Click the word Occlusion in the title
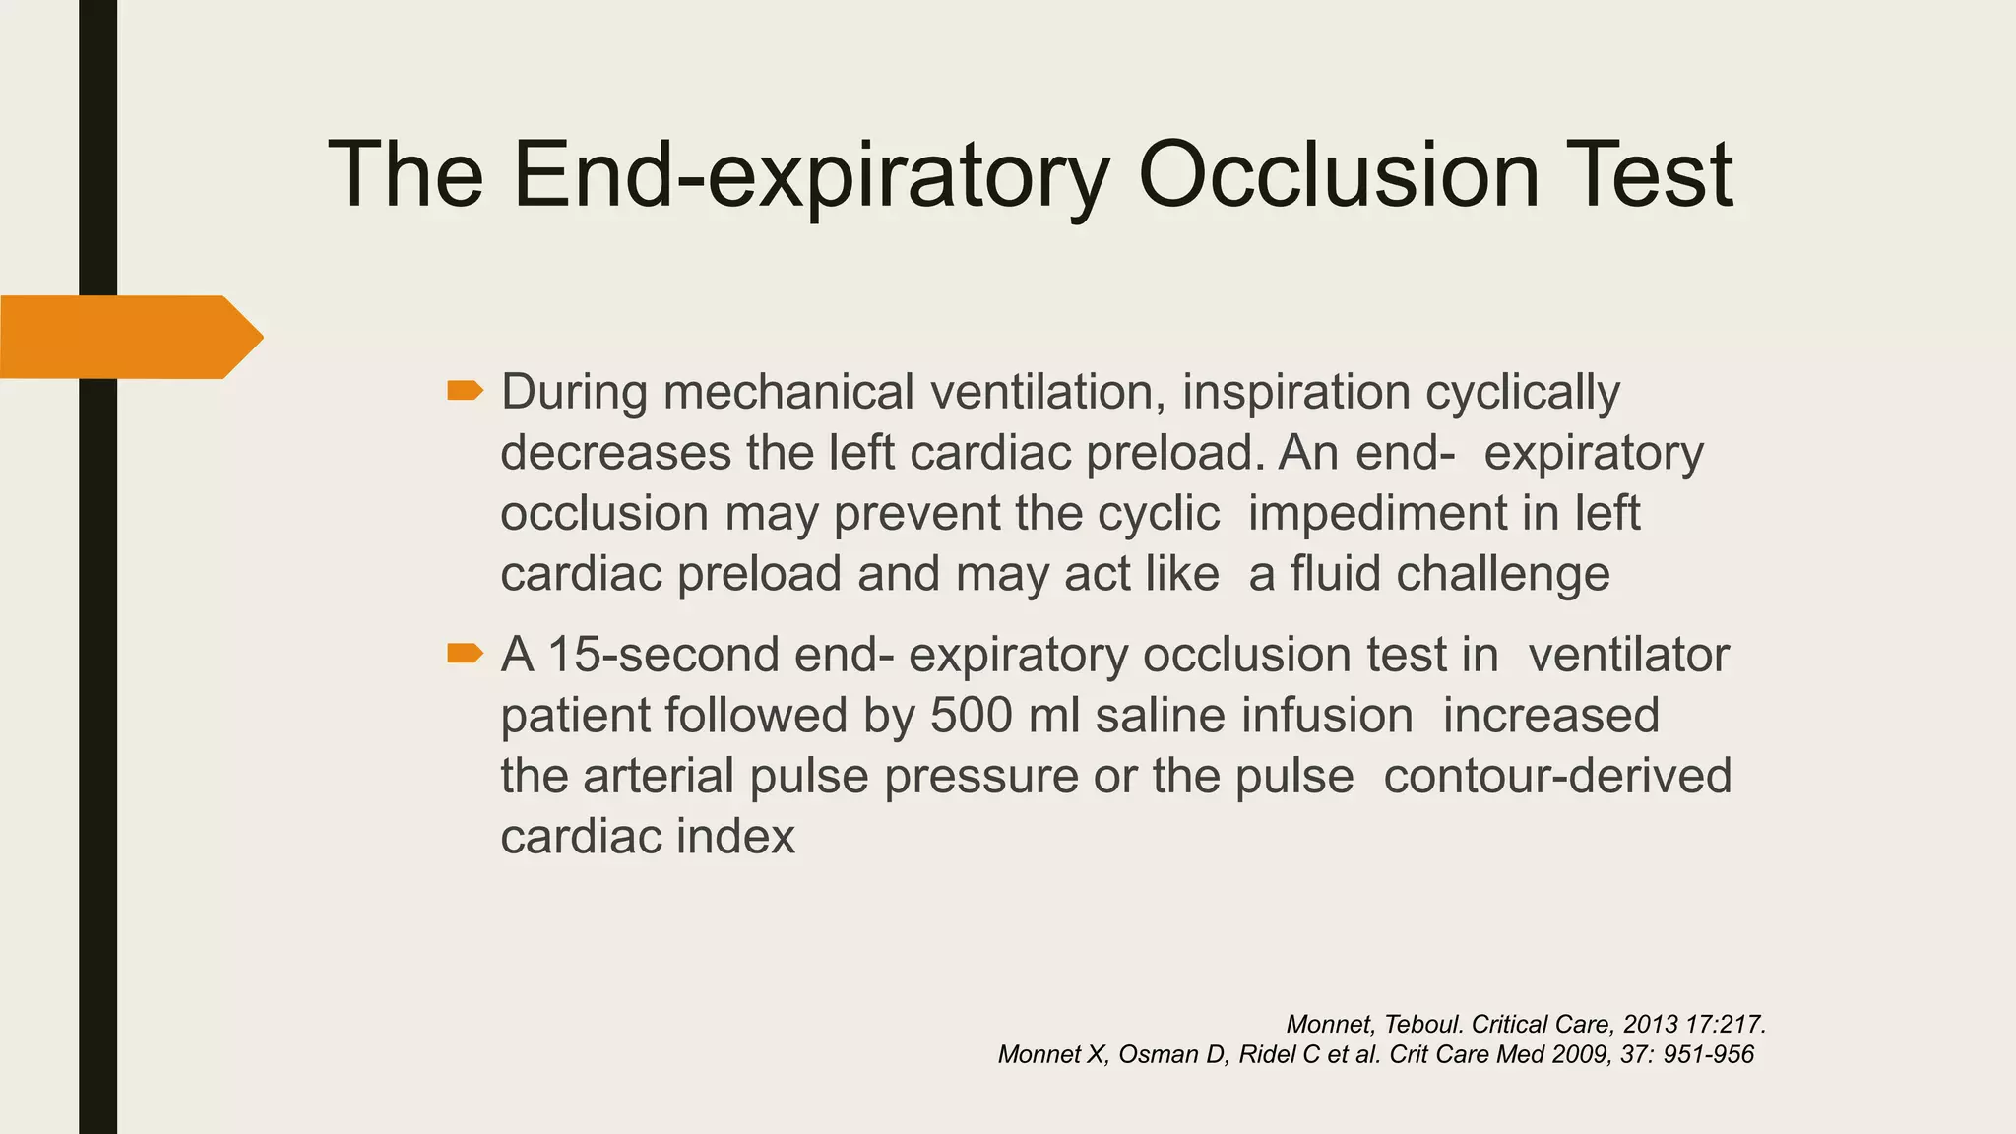coord(1338,175)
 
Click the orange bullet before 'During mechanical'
coord(465,391)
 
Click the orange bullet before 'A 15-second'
coord(465,653)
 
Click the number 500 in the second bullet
coord(971,716)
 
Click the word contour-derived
coord(1557,776)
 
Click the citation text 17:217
coord(1725,1025)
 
